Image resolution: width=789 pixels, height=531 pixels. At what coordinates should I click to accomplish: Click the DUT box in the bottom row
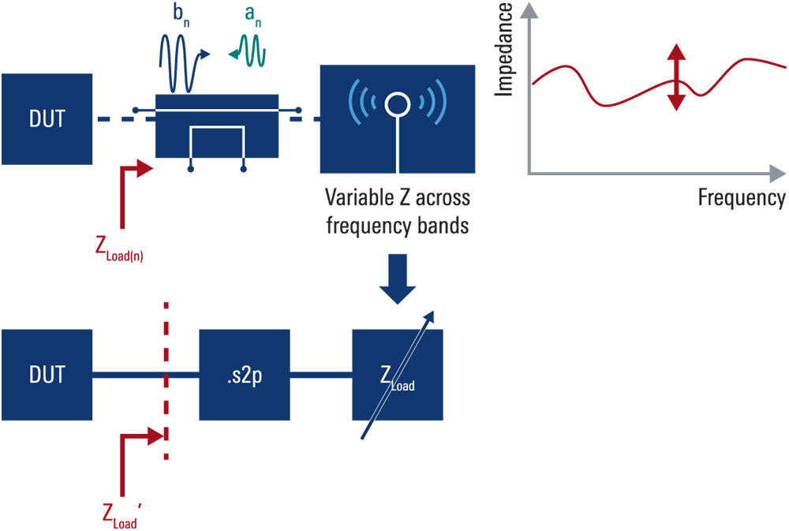(45, 375)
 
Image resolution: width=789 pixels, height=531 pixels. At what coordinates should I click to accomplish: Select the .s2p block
(244, 375)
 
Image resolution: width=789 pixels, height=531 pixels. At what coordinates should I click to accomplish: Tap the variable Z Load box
(397, 375)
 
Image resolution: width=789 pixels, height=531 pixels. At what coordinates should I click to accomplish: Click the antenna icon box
(397, 118)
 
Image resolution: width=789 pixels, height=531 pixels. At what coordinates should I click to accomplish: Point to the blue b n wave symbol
(183, 65)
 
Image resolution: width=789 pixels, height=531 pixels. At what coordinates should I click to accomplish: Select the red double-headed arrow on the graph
(675, 77)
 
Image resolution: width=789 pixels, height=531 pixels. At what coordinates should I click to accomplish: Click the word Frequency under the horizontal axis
(741, 197)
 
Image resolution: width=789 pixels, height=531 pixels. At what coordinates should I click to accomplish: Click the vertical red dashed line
(166, 339)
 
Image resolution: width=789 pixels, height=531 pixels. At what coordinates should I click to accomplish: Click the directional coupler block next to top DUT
(217, 126)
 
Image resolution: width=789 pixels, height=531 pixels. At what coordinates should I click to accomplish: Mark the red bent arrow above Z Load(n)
(126, 189)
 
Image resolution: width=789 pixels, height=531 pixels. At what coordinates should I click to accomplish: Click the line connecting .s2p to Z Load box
(321, 375)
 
